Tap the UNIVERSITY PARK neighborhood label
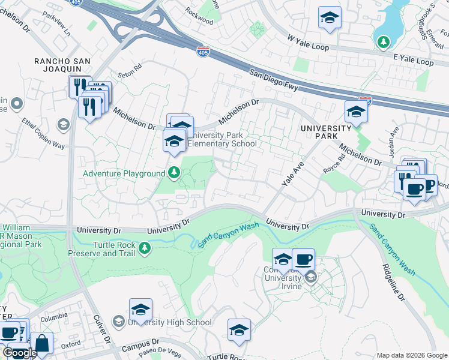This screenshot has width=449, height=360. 325,132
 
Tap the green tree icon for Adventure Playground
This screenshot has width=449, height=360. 174,173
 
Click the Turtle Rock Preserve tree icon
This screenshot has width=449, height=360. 144,248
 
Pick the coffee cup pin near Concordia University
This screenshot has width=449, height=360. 303,259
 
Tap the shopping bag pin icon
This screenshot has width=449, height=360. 41,344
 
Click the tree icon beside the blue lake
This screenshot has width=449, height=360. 383,41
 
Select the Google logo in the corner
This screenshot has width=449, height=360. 20,353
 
